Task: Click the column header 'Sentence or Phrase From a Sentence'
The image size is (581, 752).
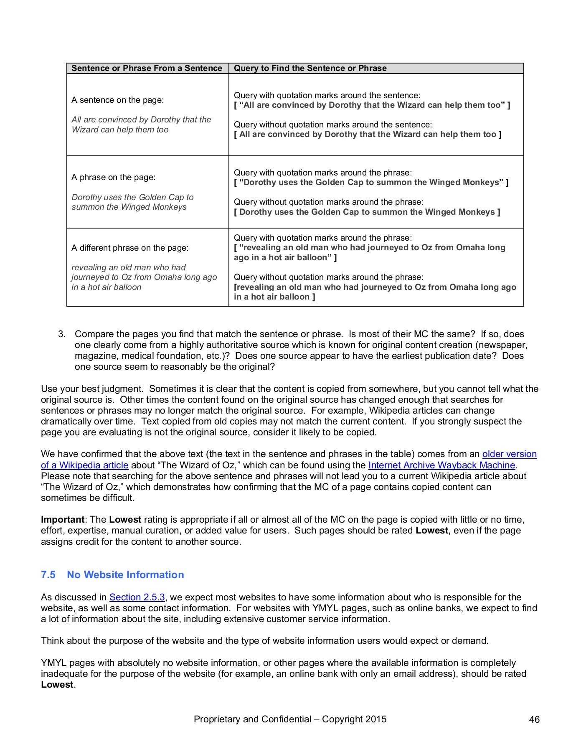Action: [147, 68]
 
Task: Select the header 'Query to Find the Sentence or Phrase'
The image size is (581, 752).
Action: [310, 68]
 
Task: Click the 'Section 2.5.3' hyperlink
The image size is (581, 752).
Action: [137, 597]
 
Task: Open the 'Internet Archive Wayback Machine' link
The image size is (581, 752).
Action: [442, 465]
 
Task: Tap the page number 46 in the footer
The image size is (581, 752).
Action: [534, 719]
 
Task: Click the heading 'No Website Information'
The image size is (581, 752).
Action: [125, 574]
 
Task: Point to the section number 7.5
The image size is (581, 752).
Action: [48, 574]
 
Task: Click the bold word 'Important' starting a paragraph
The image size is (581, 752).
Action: [62, 520]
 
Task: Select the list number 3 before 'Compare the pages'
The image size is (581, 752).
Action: [62, 334]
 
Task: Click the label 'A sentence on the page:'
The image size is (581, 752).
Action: [117, 100]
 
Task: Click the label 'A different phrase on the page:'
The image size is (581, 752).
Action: [130, 248]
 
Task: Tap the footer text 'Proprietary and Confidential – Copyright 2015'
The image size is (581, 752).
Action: [290, 719]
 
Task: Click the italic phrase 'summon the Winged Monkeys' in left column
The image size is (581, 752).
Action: [129, 207]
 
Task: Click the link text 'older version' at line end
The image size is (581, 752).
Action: [509, 454]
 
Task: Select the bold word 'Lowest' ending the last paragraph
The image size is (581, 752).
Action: [57, 685]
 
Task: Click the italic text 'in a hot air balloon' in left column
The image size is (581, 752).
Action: [106, 287]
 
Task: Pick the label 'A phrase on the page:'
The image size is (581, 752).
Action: [113, 177]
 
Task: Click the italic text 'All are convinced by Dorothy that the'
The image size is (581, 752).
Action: [141, 119]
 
